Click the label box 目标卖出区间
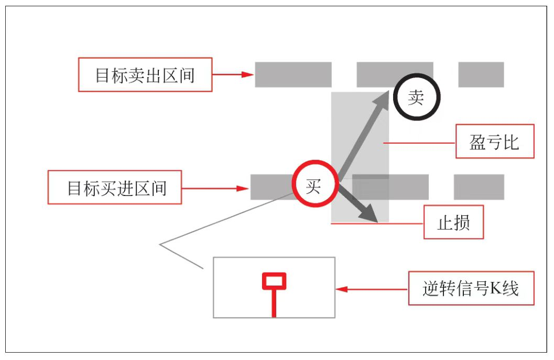pyautogui.click(x=145, y=75)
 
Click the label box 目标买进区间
pyautogui.click(x=114, y=188)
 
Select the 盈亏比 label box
pyautogui.click(x=494, y=141)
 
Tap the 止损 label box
pyautogui.click(x=453, y=223)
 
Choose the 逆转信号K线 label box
pyautogui.click(x=471, y=289)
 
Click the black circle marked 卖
pyautogui.click(x=416, y=97)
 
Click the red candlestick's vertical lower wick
pyautogui.click(x=274, y=304)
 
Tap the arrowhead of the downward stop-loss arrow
pyautogui.click(x=369, y=215)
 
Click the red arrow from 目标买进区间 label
pyautogui.click(x=215, y=188)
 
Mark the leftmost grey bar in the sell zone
pyautogui.click(x=293, y=74)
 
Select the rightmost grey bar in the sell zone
pyautogui.click(x=481, y=74)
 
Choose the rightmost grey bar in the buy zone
pyautogui.click(x=479, y=187)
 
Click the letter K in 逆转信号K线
pyautogui.click(x=496, y=289)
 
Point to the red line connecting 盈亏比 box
pyautogui.click(x=419, y=142)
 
